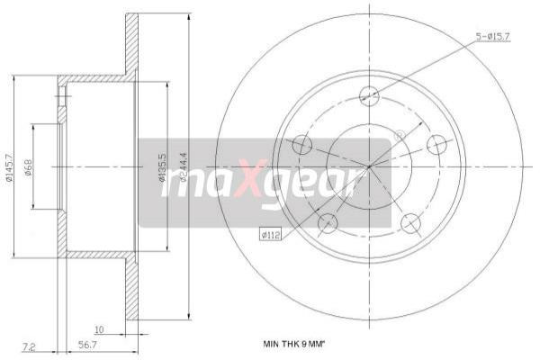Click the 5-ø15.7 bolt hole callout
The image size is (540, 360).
tap(493, 36)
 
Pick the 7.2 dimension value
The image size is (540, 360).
tap(30, 343)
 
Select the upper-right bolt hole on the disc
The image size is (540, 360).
tap(437, 144)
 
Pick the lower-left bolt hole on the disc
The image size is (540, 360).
tap(327, 223)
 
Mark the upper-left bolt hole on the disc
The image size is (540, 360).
tap(301, 144)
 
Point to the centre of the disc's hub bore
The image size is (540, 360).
tap(369, 166)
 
